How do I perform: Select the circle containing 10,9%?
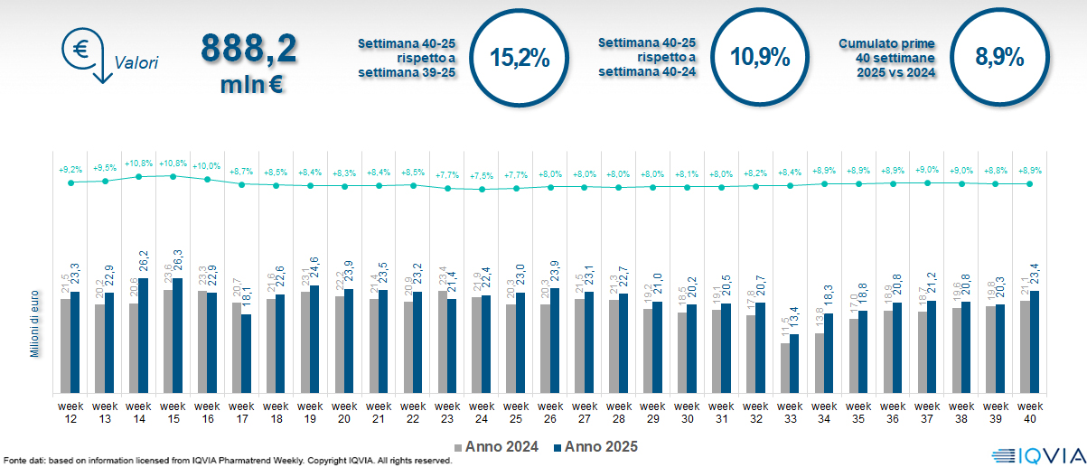[760, 57]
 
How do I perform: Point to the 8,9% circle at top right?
[999, 57]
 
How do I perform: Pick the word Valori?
[136, 63]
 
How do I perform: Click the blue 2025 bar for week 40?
[1035, 341]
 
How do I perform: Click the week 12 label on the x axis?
[70, 412]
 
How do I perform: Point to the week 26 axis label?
[550, 412]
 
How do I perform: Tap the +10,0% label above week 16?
[207, 166]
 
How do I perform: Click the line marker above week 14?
[139, 176]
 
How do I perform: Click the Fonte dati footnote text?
[226, 461]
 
